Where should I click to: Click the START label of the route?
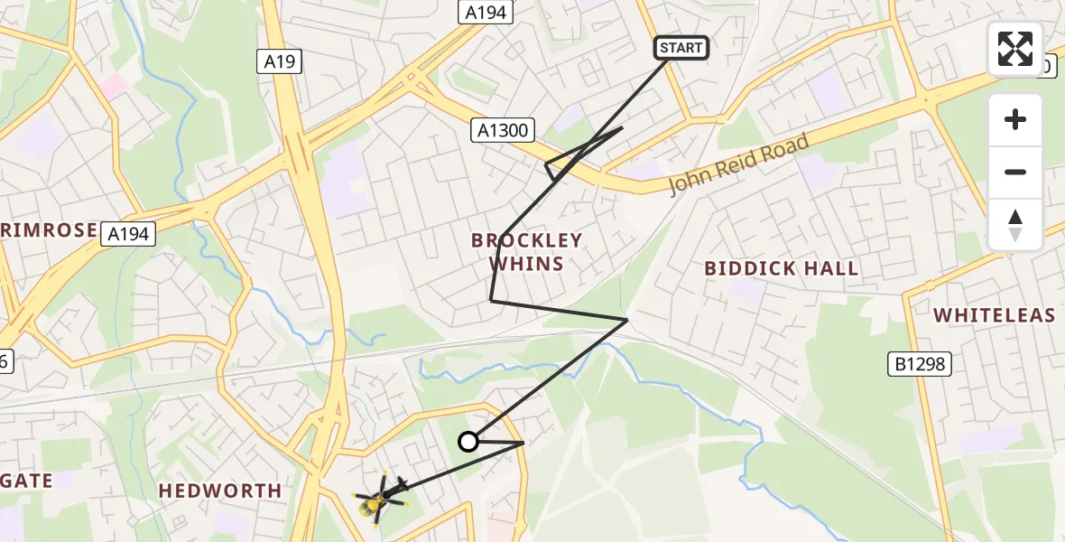point(681,48)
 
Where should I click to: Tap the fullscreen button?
point(1015,49)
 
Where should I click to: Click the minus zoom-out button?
point(1015,173)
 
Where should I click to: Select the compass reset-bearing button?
point(1015,225)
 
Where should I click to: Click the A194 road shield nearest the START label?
point(486,12)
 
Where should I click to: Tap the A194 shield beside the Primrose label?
point(130,234)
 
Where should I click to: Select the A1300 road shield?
point(503,130)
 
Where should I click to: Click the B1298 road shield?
point(920,364)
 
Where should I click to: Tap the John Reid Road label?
point(738,164)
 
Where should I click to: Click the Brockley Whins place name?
point(527,252)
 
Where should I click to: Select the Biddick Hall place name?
point(782,268)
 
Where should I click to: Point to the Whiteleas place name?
point(994,315)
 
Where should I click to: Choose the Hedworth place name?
point(220,491)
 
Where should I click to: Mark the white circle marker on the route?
point(468,442)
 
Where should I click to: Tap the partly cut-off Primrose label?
point(49,230)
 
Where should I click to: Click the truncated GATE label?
point(27,481)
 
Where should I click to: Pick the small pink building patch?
point(115,87)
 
